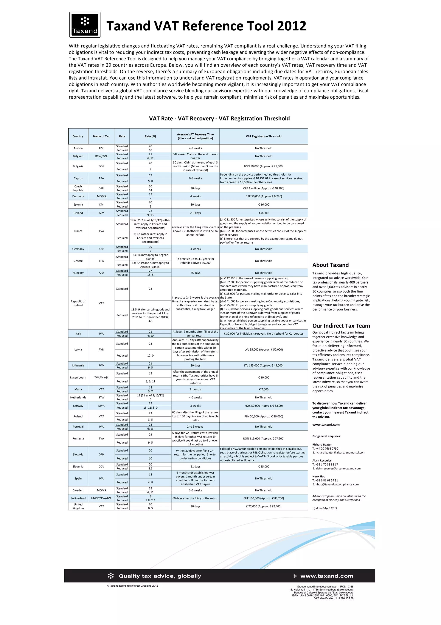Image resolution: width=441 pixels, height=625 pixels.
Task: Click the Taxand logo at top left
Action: (x=85, y=25)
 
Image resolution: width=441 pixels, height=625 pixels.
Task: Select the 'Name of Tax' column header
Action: (x=101, y=136)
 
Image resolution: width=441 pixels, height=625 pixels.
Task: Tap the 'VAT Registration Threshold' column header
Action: (x=264, y=136)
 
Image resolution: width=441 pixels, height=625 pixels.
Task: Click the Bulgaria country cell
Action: (x=78, y=166)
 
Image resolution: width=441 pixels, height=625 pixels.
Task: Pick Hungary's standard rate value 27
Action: (x=150, y=271)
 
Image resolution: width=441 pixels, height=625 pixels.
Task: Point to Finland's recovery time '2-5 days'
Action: (x=195, y=213)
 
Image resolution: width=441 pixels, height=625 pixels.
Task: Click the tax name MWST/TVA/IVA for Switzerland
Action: (x=101, y=498)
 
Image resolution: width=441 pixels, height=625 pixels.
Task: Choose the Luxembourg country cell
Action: (x=78, y=378)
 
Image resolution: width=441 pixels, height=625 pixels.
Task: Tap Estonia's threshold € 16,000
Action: (x=264, y=205)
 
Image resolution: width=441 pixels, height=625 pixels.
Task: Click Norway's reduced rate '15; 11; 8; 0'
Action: (x=150, y=408)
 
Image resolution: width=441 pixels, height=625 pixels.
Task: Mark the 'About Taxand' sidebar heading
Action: (x=330, y=265)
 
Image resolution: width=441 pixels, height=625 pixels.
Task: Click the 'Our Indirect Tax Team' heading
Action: (x=341, y=326)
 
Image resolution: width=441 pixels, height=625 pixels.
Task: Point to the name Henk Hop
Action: (x=319, y=476)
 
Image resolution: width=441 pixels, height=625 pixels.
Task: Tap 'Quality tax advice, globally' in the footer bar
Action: (x=160, y=576)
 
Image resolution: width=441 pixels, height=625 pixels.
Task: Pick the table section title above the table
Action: (x=219, y=119)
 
